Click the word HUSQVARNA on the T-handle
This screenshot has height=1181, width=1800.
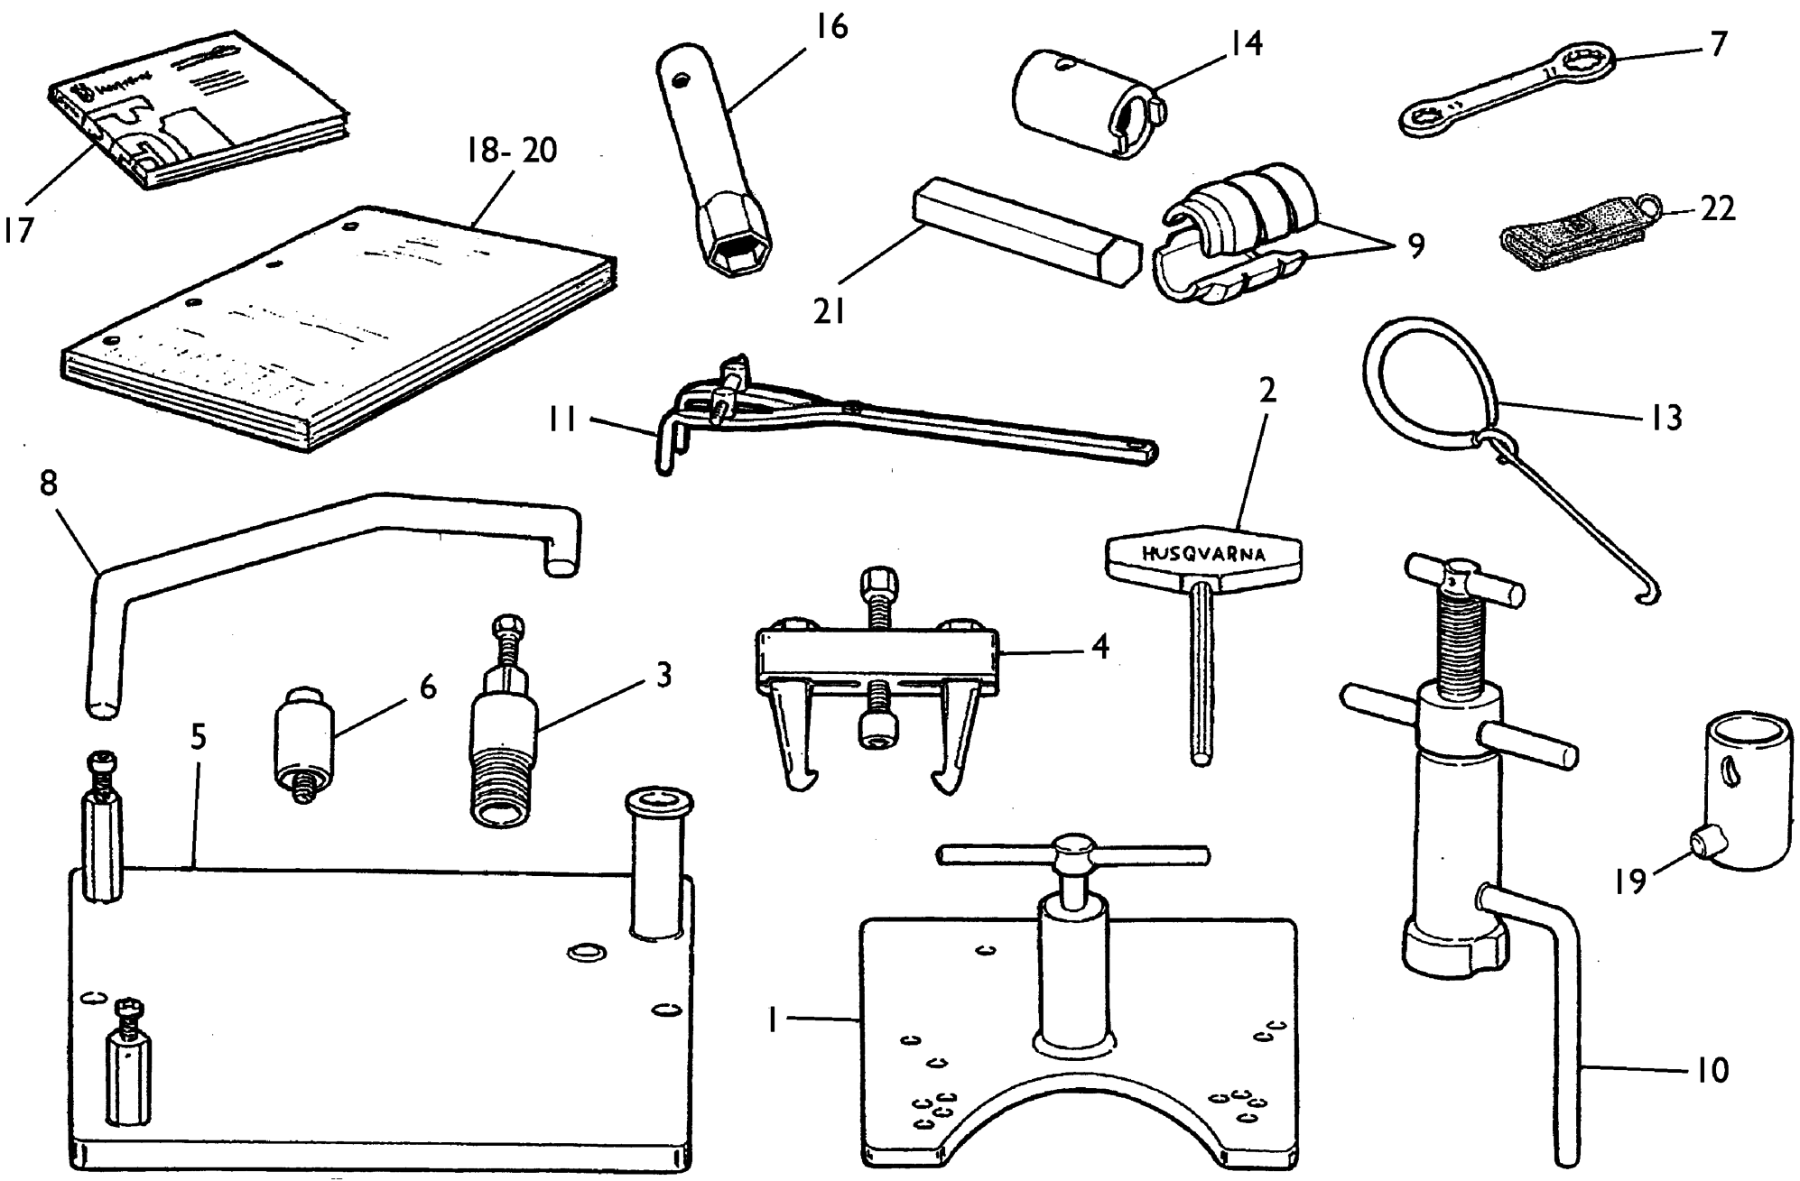1203,554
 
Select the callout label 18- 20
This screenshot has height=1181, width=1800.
512,151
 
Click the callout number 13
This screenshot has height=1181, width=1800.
1666,418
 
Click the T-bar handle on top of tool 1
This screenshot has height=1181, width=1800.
1072,853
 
